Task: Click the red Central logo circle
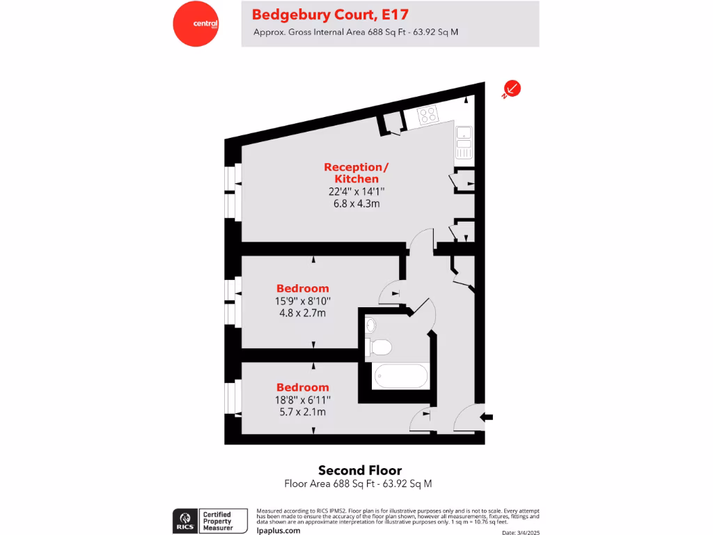coord(196,24)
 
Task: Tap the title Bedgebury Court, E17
coord(330,14)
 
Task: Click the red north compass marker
coord(512,88)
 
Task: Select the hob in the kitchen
coord(427,114)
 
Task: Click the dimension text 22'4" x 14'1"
coord(356,192)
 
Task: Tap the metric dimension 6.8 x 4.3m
coord(356,203)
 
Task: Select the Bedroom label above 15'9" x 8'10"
coord(303,288)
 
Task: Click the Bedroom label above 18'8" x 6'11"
coord(303,387)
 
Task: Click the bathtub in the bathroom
coord(400,376)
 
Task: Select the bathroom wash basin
coord(370,325)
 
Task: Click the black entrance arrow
coord(487,417)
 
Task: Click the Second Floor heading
coord(360,470)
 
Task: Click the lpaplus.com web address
coord(279,530)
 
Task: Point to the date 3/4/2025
coord(521,532)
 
